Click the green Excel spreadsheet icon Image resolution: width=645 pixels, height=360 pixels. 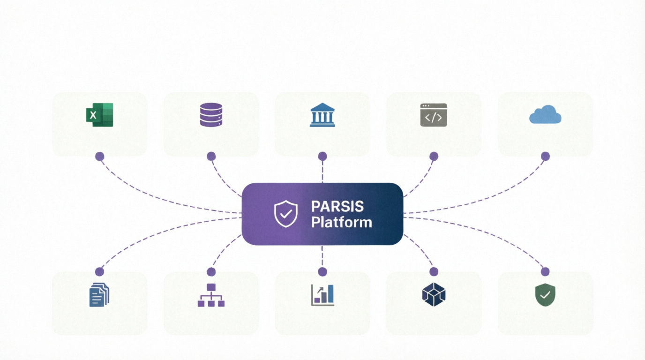(100, 115)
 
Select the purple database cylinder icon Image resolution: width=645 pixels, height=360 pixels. (211, 115)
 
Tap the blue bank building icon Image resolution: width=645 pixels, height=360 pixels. (322, 115)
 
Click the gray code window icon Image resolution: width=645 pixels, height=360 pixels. (434, 115)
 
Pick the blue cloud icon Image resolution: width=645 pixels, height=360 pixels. (545, 114)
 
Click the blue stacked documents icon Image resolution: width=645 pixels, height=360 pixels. (99, 295)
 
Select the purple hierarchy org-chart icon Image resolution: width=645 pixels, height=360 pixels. (211, 295)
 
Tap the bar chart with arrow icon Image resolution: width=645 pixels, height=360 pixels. (322, 295)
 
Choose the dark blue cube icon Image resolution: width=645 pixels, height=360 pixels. (434, 294)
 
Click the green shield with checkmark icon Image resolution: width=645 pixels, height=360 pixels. (545, 295)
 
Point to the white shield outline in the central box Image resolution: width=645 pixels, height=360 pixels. (285, 214)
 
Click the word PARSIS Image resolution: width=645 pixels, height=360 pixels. (337, 207)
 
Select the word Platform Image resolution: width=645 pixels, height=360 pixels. (342, 222)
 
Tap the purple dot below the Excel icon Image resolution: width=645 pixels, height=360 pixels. (100, 157)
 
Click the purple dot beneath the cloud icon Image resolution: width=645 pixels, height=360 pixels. (545, 157)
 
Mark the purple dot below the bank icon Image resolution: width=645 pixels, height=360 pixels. (322, 157)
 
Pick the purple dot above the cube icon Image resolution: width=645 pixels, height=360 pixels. (434, 271)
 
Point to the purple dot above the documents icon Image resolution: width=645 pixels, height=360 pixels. (99, 271)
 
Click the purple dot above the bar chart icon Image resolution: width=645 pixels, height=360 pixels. (322, 271)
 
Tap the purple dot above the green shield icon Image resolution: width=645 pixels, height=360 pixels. (545, 271)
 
